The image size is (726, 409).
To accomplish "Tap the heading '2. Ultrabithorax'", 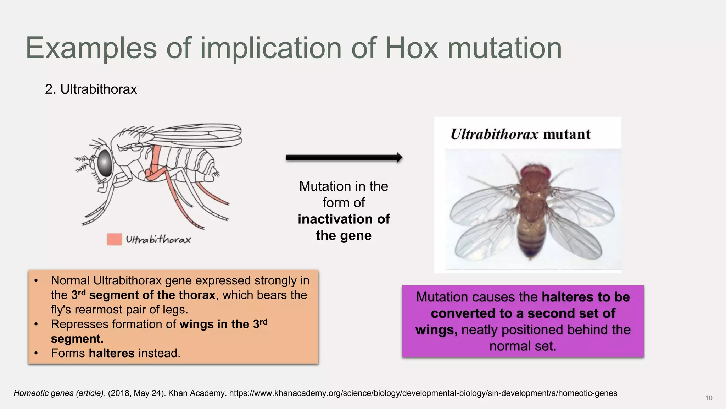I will (91, 89).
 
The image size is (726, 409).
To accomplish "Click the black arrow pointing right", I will (344, 158).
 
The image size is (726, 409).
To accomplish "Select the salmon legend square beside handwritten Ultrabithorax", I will (114, 239).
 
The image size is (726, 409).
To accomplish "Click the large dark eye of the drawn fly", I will (105, 163).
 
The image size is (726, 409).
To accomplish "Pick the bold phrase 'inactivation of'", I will (344, 219).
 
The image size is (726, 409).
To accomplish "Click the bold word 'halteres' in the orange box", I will (112, 353).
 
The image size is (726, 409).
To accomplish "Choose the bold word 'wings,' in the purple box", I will (436, 330).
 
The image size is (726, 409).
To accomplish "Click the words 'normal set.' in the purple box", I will (523, 346).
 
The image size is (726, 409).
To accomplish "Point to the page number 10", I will (709, 398).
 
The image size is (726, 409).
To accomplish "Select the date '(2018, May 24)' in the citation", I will (136, 393).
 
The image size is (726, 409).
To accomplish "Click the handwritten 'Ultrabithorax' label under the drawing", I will (158, 240).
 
